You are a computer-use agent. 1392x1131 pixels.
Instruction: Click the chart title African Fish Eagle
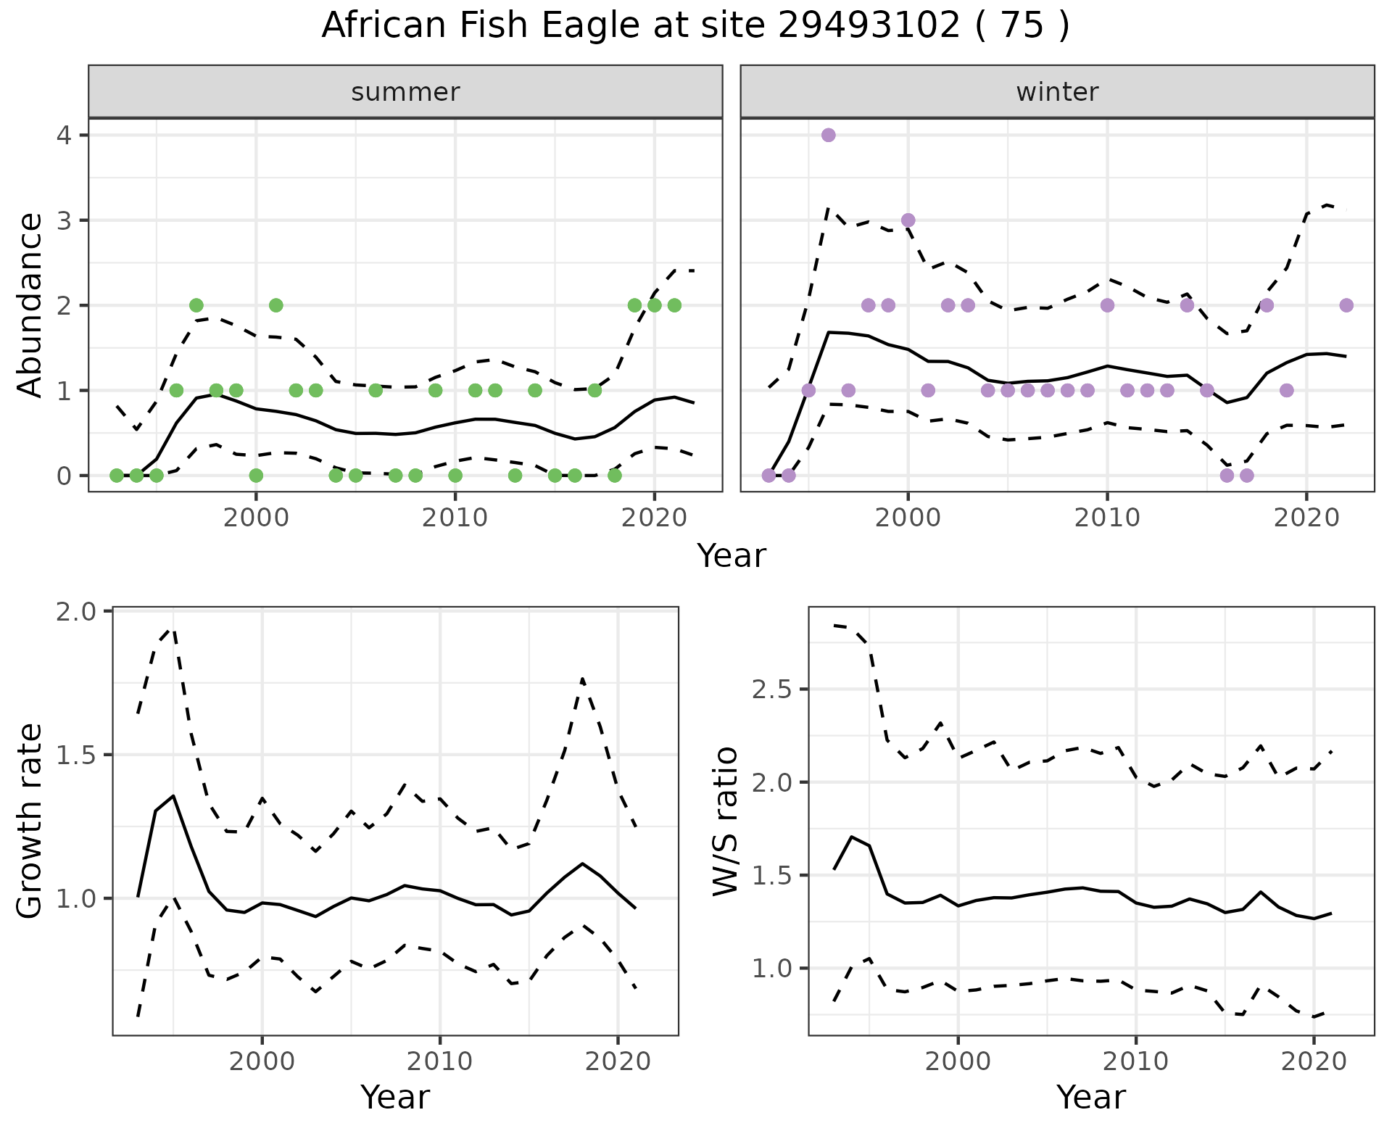coord(695,26)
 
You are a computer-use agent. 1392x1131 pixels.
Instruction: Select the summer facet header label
coord(405,92)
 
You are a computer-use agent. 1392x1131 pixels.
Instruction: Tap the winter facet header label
coord(1057,92)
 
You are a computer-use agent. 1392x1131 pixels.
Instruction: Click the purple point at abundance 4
coord(829,135)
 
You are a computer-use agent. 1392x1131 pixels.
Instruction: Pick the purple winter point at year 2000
coord(908,220)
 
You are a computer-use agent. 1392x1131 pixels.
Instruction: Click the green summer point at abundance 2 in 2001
coord(275,305)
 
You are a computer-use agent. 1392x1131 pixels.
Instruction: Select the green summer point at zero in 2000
coord(256,476)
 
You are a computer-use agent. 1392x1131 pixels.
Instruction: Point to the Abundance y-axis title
coord(30,304)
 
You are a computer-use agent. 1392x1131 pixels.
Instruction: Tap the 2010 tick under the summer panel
coord(455,518)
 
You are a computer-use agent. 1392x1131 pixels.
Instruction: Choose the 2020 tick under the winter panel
coord(1306,518)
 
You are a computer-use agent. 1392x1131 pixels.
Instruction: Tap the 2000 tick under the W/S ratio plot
coord(958,1061)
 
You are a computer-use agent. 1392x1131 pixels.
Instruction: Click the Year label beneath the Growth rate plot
coord(395,1097)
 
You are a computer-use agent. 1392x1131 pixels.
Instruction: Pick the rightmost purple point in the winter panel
coord(1346,305)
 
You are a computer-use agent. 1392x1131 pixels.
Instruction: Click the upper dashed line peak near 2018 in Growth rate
coord(583,679)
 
